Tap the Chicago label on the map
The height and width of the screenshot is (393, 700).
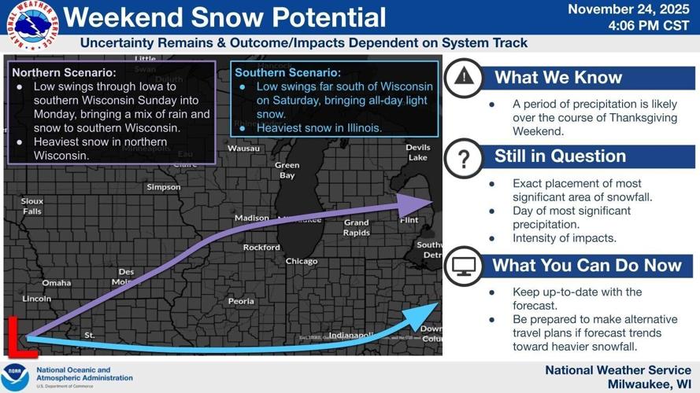click(x=302, y=261)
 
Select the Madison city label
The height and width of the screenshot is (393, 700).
click(x=252, y=218)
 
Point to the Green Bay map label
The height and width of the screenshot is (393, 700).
click(x=287, y=171)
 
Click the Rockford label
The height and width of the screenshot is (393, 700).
click(x=261, y=247)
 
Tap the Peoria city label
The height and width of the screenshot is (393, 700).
click(x=241, y=301)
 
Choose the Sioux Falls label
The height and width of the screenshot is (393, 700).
click(x=32, y=206)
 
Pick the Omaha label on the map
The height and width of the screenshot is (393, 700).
click(x=57, y=283)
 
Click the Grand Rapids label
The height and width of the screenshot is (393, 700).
click(x=356, y=228)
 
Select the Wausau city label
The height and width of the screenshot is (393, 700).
click(x=243, y=148)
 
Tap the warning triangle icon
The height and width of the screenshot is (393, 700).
click(x=465, y=76)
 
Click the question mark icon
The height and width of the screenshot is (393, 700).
click(x=464, y=158)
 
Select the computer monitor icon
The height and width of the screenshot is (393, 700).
click(x=464, y=266)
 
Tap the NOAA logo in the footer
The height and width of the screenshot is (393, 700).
click(x=15, y=376)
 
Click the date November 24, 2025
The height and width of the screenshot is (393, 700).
click(x=628, y=9)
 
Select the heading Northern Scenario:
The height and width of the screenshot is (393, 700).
click(x=64, y=72)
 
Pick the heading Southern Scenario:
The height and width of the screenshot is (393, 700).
click(x=288, y=72)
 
